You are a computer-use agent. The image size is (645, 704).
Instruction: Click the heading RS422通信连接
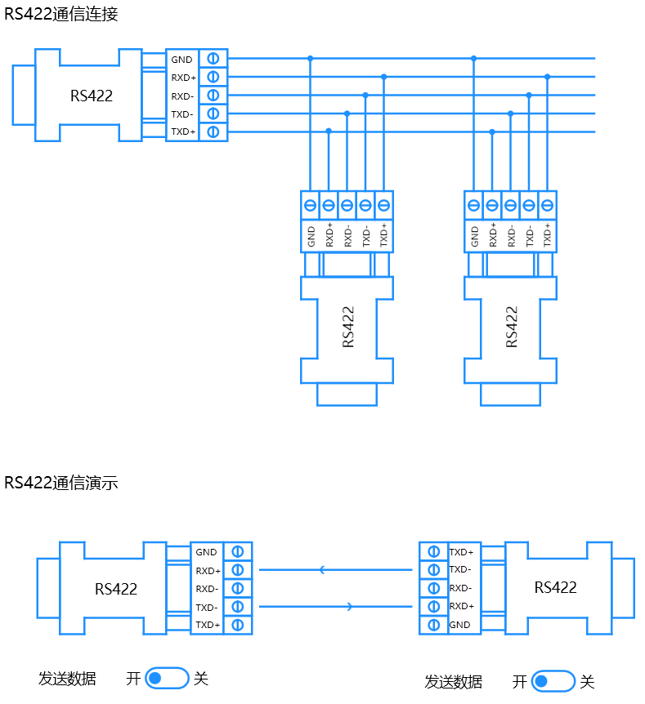61,14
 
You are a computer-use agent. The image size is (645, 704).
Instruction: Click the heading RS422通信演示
61,483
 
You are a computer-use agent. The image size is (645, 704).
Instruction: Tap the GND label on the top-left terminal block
181,60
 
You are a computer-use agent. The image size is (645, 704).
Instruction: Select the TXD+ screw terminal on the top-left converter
213,132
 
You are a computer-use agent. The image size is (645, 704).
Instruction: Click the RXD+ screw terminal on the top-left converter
213,78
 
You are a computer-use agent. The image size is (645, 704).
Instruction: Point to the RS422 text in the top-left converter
92,96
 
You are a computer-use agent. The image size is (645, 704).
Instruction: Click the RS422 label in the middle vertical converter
348,327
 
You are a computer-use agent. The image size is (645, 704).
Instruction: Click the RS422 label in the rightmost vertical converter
512,327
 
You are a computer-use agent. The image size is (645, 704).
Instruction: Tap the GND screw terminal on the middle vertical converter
310,206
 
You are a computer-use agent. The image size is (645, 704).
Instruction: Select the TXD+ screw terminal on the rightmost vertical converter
547,206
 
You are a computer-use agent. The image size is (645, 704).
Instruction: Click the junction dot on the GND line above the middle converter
310,58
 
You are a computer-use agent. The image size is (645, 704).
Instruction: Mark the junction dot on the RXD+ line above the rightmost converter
547,77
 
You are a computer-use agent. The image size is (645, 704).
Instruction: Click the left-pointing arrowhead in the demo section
322,570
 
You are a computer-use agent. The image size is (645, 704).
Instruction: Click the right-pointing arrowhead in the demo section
350,607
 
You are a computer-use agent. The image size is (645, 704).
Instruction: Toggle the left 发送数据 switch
167,678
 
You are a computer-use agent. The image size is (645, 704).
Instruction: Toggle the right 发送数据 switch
553,681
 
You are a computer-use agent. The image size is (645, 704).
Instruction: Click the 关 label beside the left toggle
201,679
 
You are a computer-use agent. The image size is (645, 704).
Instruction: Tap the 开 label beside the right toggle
520,682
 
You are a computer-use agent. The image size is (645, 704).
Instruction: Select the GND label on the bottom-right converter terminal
459,625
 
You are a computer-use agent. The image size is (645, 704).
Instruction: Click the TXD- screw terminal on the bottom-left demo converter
238,607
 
